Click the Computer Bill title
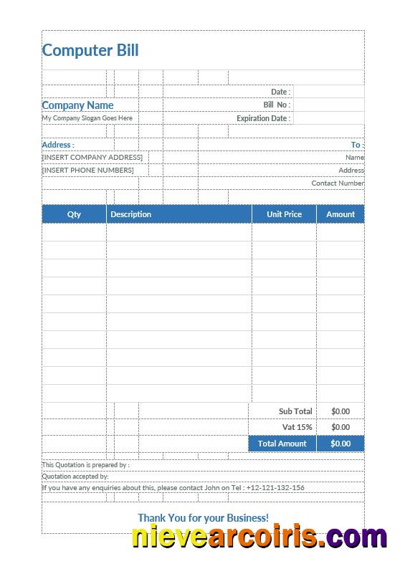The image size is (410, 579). [90, 50]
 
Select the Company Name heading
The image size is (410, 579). [77, 105]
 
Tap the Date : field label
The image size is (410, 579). [280, 92]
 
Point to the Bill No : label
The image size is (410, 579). [277, 105]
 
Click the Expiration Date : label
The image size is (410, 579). [263, 118]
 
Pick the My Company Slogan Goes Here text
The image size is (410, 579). [87, 118]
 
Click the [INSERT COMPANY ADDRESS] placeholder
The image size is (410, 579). [92, 157]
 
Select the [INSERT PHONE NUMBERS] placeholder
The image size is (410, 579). [88, 170]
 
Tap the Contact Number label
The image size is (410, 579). [338, 183]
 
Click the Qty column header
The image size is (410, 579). [74, 214]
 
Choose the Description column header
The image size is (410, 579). [130, 214]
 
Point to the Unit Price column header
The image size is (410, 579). [284, 214]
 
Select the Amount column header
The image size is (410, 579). [340, 214]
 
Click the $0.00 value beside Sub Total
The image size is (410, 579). [340, 411]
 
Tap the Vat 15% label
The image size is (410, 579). [297, 427]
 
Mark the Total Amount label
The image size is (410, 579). [282, 444]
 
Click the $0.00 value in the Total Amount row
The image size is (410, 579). [340, 444]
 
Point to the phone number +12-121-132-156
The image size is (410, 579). [275, 488]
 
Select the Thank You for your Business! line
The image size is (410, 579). [203, 517]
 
